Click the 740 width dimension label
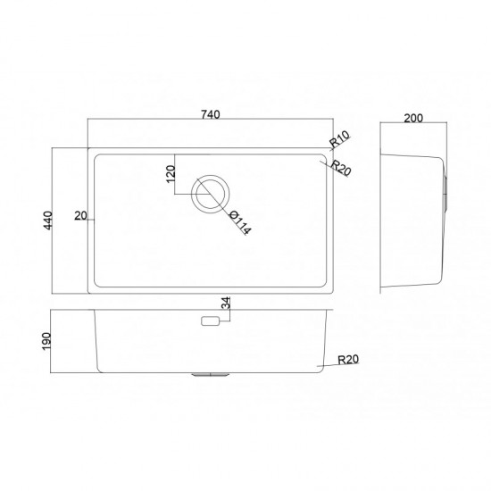(x=211, y=114)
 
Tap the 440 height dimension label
(x=48, y=221)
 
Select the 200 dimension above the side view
(x=413, y=119)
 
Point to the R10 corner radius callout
(x=340, y=139)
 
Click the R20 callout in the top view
(x=341, y=168)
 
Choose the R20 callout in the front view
(x=348, y=360)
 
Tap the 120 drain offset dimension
(x=171, y=174)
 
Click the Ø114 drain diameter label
(x=240, y=222)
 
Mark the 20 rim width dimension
(x=80, y=216)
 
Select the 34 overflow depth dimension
(x=226, y=304)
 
